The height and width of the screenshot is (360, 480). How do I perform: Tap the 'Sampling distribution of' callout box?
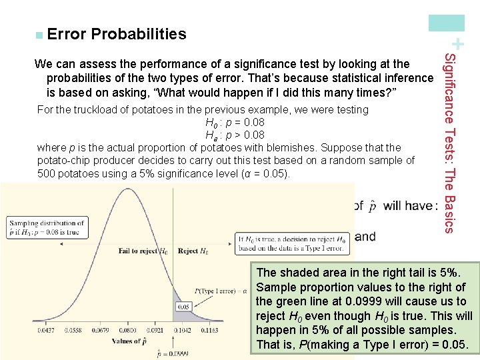[x=47, y=228]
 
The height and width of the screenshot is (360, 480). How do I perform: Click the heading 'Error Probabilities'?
[x=117, y=34]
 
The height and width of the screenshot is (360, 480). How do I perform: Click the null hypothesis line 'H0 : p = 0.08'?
[x=235, y=123]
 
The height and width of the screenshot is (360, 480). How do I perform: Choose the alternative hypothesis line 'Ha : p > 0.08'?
[x=235, y=135]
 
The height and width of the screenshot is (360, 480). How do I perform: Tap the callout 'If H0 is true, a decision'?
[x=291, y=243]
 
